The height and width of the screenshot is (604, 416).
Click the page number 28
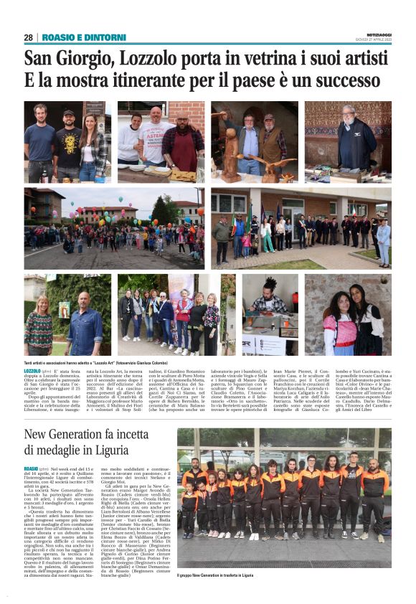tap(28, 37)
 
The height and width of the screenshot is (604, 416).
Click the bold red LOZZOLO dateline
tap(33, 372)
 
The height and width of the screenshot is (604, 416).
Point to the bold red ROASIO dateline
tap(32, 468)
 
